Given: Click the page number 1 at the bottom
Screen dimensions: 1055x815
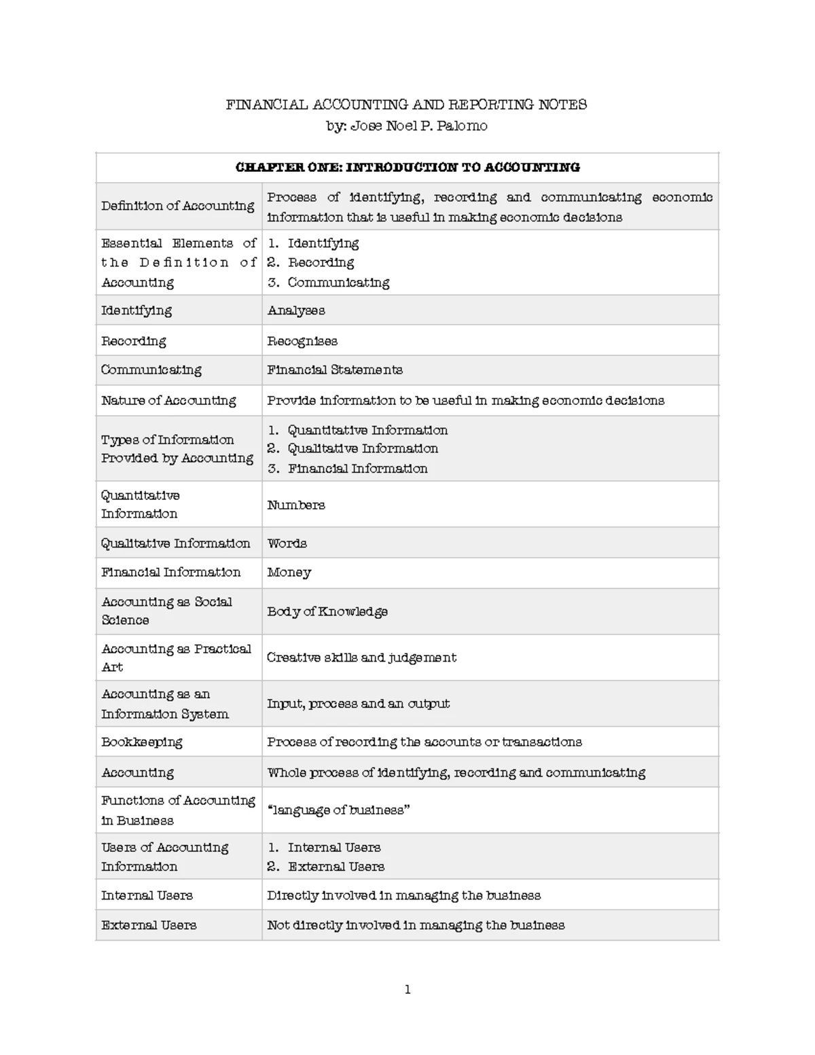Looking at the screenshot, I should click(407, 990).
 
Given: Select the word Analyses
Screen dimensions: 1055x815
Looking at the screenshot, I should click(296, 310).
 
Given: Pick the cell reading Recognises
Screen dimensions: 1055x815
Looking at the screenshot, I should click(302, 341).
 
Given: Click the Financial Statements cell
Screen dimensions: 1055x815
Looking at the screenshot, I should click(335, 370).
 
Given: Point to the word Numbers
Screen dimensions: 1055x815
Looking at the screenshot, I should click(296, 505).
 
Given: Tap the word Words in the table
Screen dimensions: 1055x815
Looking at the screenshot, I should click(287, 543).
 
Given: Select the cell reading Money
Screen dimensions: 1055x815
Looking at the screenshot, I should click(289, 573).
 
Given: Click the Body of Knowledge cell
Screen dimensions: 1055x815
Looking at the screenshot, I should click(327, 611).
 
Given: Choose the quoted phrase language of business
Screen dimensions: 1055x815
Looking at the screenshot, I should click(338, 810).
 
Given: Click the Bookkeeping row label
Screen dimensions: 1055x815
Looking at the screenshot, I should click(142, 742).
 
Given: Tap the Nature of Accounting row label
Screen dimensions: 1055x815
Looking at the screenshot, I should click(168, 401).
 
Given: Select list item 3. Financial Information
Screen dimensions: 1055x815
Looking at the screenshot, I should click(348, 469).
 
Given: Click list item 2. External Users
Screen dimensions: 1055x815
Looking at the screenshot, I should click(326, 867).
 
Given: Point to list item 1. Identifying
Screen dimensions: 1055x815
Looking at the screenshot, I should click(313, 243).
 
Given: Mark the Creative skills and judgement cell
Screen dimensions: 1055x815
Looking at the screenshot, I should click(361, 658).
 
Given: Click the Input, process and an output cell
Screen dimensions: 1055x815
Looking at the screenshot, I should click(358, 704).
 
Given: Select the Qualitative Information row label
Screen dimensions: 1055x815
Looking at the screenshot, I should click(176, 543).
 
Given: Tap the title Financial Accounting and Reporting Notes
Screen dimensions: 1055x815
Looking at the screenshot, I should click(406, 105).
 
